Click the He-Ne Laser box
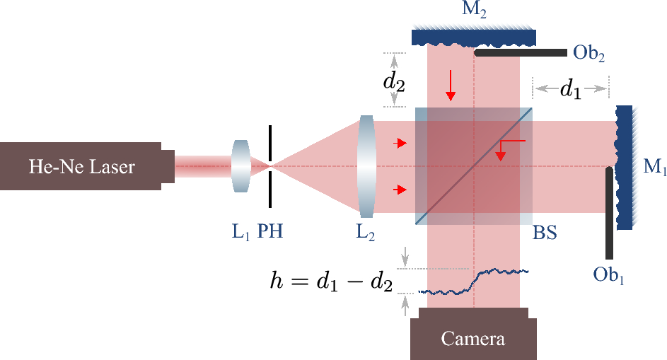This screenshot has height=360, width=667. pyautogui.click(x=81, y=167)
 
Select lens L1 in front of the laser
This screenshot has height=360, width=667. pyautogui.click(x=240, y=166)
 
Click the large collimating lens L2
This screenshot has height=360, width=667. pyautogui.click(x=366, y=167)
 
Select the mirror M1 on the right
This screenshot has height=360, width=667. pyautogui.click(x=624, y=167)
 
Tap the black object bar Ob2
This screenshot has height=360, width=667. pyautogui.click(x=521, y=52)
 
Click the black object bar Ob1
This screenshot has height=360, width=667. pyautogui.click(x=608, y=212)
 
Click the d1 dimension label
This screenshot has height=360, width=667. pyautogui.click(x=572, y=89)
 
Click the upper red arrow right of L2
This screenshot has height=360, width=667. pyautogui.click(x=400, y=144)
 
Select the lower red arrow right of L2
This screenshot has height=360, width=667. pyautogui.click(x=400, y=190)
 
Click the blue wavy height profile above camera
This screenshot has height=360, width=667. pyautogui.click(x=473, y=281)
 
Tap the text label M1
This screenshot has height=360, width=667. pyautogui.click(x=654, y=168)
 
